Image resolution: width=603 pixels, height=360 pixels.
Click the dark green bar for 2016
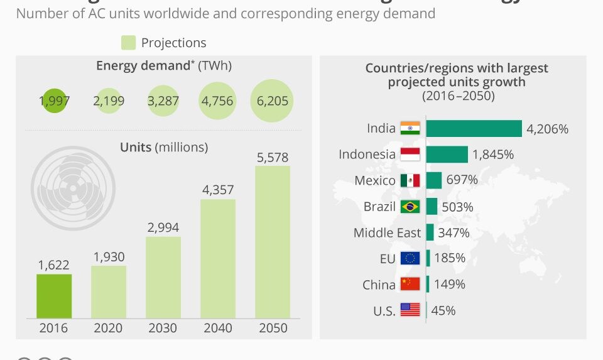(54, 296)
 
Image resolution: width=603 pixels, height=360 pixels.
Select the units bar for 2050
(272, 242)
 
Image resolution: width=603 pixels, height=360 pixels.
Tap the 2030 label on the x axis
(163, 328)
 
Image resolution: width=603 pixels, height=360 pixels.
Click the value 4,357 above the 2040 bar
(218, 188)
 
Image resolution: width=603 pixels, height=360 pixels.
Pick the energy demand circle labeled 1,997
(55, 101)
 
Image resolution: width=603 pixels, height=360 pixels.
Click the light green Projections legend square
(128, 43)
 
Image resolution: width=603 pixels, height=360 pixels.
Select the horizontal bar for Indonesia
(447, 155)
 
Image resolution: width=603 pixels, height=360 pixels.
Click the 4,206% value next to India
(547, 129)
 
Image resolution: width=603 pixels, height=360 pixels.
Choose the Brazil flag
(410, 207)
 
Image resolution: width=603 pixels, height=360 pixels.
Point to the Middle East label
(387, 232)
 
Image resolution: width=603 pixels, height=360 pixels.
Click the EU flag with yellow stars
(410, 258)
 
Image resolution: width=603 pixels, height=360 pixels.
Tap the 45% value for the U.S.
(443, 310)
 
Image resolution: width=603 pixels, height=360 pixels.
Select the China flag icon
(410, 284)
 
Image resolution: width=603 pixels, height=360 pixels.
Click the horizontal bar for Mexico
(434, 180)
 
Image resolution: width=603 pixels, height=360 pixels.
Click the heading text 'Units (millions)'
(163, 147)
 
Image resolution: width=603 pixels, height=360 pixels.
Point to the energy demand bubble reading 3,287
(163, 101)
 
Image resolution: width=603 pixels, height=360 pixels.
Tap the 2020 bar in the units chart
(109, 292)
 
